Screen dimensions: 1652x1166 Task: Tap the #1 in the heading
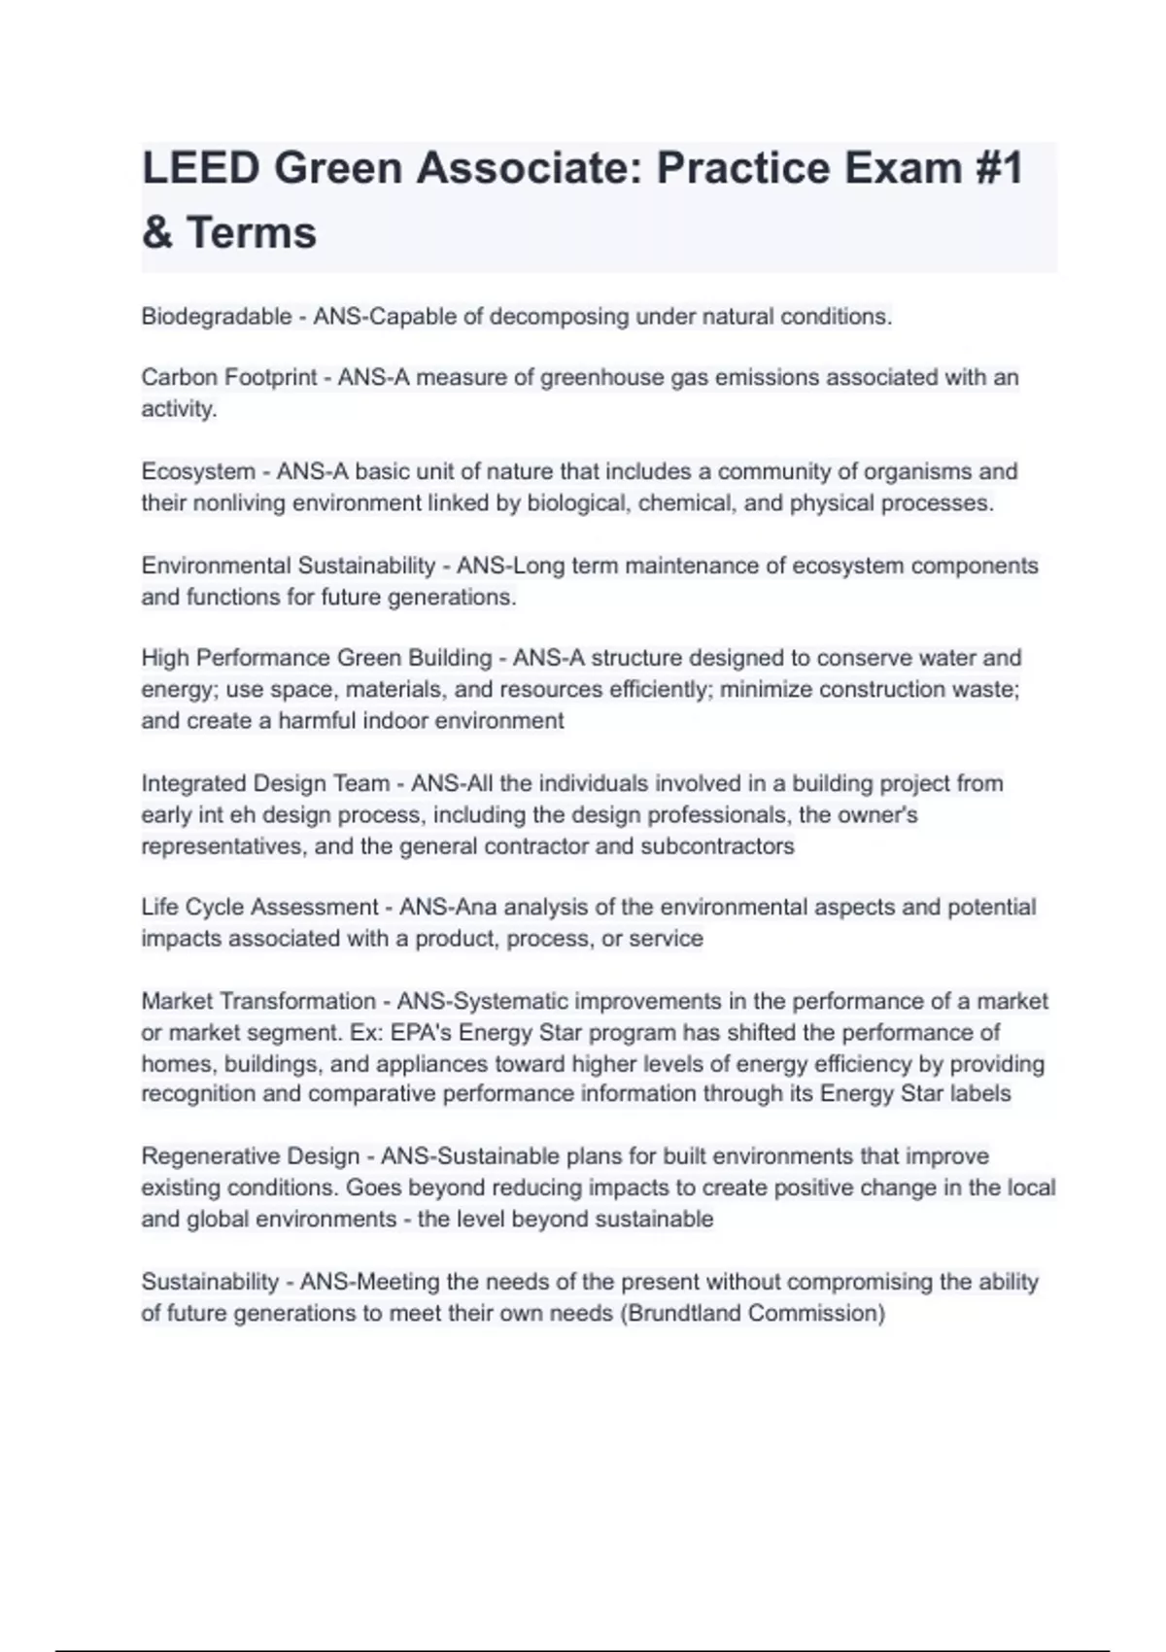click(x=993, y=168)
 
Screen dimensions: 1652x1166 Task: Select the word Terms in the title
click(x=251, y=233)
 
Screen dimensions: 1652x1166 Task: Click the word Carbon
click(x=177, y=377)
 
